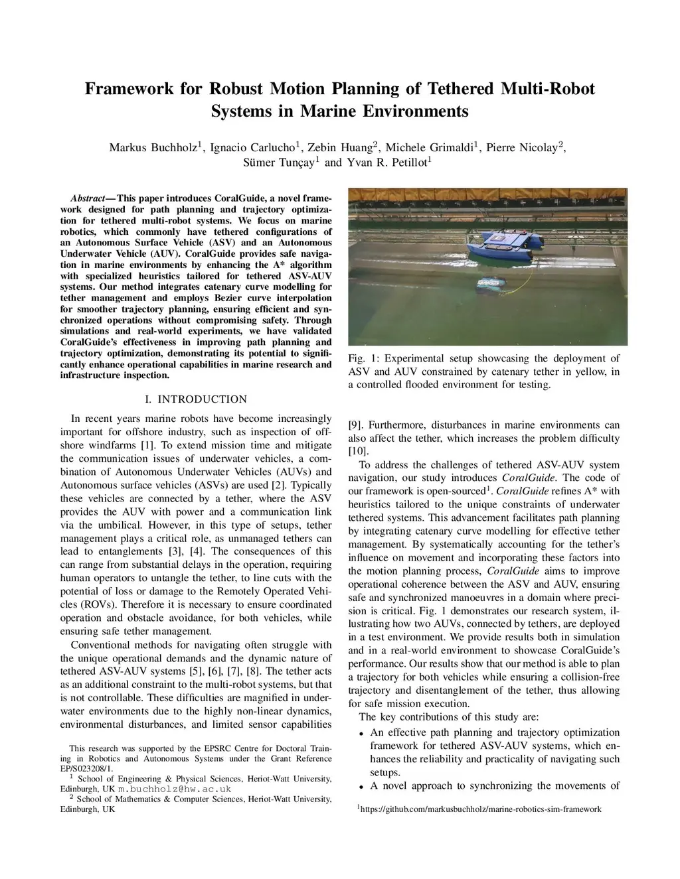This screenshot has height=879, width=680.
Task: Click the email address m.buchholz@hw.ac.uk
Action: pos(175,789)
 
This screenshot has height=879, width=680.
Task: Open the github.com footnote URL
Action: pos(481,809)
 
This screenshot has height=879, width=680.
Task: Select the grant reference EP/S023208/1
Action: pos(86,768)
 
